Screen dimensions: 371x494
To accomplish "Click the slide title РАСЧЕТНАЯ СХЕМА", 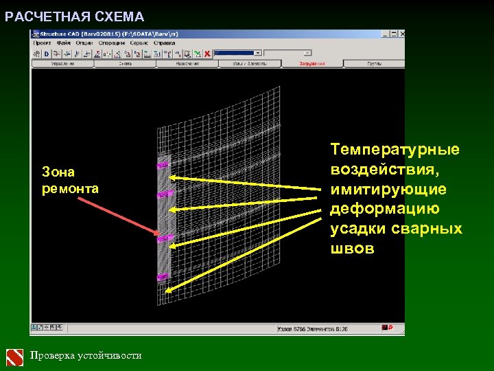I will click(x=75, y=16).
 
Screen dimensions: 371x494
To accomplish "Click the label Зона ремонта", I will click(x=70, y=180).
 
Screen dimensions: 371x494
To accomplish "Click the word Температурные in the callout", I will click(x=395, y=149).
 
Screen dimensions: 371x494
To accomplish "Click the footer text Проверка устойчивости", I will click(x=86, y=355).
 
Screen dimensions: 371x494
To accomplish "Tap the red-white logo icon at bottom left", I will click(x=15, y=357).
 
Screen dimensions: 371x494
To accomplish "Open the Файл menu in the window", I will click(x=64, y=43).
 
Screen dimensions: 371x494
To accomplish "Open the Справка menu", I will click(x=165, y=43).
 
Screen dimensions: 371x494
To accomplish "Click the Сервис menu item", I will click(x=139, y=43).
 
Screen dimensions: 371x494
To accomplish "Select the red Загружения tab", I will click(x=312, y=63).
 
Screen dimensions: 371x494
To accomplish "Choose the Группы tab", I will click(x=374, y=63).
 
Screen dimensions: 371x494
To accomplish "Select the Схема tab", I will click(x=125, y=63).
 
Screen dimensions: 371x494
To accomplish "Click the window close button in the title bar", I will click(x=401, y=32).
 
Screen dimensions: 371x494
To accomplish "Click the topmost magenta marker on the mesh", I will click(x=163, y=165).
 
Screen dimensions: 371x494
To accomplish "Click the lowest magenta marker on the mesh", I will click(x=163, y=277).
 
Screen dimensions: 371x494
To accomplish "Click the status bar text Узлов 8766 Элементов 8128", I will click(x=312, y=329).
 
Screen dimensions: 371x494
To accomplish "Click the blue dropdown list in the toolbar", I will click(x=237, y=52).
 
